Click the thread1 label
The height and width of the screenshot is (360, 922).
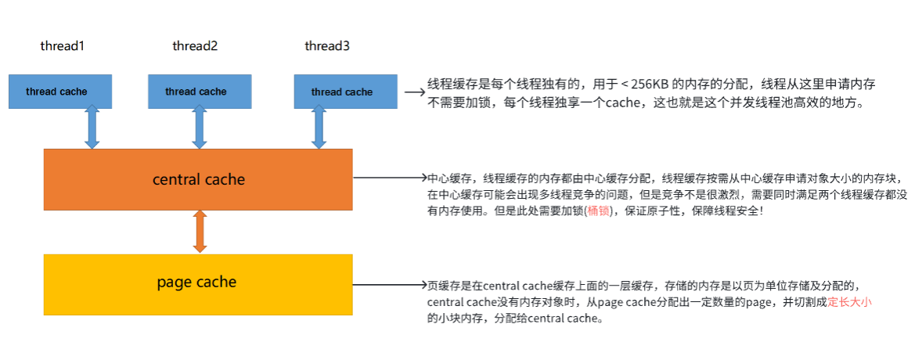62,46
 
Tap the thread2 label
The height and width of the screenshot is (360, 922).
195,46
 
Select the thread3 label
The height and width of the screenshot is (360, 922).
327,46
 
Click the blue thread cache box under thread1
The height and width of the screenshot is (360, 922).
59,92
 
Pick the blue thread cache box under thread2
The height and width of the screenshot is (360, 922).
199,92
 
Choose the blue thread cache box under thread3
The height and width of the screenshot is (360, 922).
345,92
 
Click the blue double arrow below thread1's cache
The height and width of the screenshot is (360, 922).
92,128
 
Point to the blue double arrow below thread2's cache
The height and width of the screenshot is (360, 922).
199,128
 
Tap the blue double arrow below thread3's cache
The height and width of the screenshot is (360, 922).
319,128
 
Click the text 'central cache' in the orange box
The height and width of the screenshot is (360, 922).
199,179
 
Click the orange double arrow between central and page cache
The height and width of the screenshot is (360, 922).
200,230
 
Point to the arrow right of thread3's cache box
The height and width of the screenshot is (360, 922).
413,92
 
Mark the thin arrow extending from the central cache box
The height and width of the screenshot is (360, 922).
389,178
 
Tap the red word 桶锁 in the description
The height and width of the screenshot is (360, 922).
597,211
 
